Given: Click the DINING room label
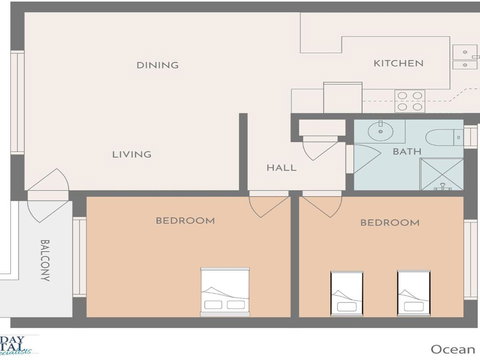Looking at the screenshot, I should (157, 65).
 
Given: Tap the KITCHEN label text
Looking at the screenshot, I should (398, 63).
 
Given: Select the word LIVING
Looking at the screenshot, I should (131, 154).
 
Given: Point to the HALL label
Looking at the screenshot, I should (281, 167).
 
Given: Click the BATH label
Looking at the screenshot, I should (406, 152).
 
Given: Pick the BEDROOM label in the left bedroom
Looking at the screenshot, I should (185, 220).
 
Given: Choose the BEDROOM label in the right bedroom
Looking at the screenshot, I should (389, 222).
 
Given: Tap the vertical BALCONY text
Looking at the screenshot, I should (45, 259).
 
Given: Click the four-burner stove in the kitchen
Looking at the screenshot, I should (408, 100).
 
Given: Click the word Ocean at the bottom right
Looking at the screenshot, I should (453, 348).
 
